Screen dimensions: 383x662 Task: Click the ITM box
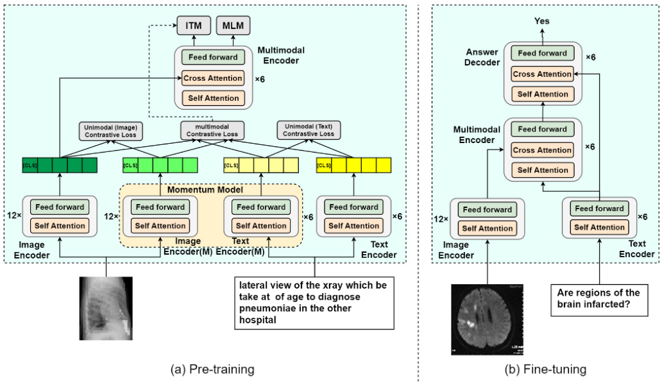click(193, 26)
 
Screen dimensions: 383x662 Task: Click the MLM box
click(233, 26)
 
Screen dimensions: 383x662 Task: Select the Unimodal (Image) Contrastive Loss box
click(112, 130)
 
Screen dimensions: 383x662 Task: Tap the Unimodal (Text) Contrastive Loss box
click(309, 130)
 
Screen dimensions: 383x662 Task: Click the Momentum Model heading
click(210, 191)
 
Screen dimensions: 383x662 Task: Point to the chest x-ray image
click(106, 308)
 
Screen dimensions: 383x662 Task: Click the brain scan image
click(488, 319)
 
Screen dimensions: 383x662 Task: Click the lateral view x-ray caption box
click(314, 303)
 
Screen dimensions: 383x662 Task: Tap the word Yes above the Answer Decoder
click(543, 21)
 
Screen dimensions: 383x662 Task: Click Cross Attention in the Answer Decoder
click(542, 74)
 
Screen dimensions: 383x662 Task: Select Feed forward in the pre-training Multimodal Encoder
click(209, 57)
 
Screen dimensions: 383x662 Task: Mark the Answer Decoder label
click(482, 58)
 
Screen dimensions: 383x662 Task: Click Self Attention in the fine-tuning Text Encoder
click(599, 227)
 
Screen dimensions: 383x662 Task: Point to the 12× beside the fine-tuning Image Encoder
click(441, 219)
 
